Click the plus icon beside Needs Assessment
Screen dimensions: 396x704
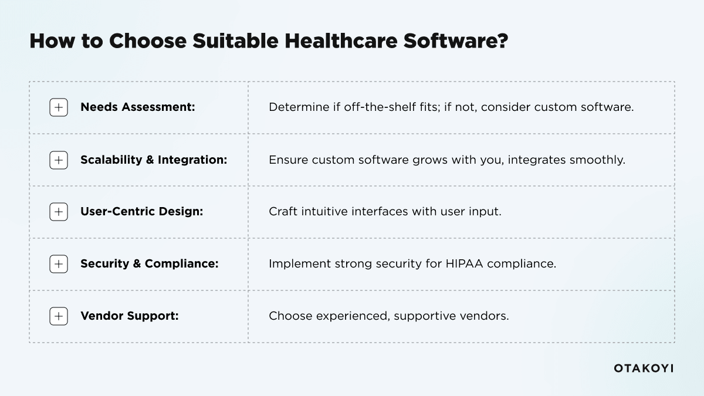pos(59,107)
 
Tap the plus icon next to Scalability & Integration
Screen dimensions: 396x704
pos(59,160)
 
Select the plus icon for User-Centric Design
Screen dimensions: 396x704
pos(59,212)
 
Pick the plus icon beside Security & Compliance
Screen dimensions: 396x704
pos(59,264)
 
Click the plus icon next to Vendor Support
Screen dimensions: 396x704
pos(59,316)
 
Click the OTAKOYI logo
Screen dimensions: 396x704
pos(644,368)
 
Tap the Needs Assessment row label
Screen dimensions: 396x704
pos(137,107)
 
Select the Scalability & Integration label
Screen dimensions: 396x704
pos(154,160)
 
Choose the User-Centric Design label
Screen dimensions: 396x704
pos(141,212)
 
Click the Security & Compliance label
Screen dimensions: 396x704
pos(149,264)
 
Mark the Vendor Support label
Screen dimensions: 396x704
pos(129,316)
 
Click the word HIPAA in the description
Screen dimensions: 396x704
pos(464,264)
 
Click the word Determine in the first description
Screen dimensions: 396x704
pos(294,107)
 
